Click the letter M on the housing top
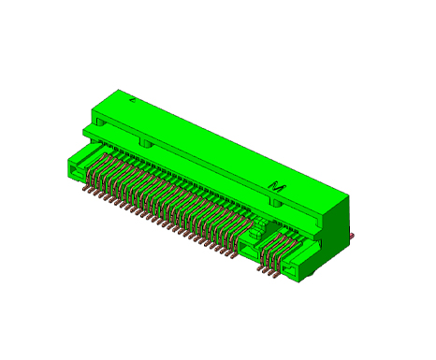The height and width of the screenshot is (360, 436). [277, 187]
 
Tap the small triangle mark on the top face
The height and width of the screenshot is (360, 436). [133, 100]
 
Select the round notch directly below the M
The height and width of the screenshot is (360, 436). [276, 203]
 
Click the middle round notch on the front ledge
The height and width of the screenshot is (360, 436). [145, 143]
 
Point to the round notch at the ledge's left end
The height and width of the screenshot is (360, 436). [100, 122]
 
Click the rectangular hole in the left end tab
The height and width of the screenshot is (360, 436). [76, 171]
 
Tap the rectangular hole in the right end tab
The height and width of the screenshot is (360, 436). [290, 268]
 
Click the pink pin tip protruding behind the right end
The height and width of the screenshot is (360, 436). [352, 235]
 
